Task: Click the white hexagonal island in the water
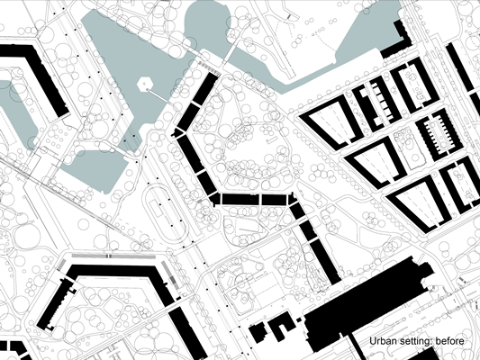tap(144, 84)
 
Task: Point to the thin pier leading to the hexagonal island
tap(162, 97)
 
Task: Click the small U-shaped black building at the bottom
tap(282, 325)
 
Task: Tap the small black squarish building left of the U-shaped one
tap(258, 332)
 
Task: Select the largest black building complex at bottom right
tap(367, 302)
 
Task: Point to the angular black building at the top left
tap(46, 76)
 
